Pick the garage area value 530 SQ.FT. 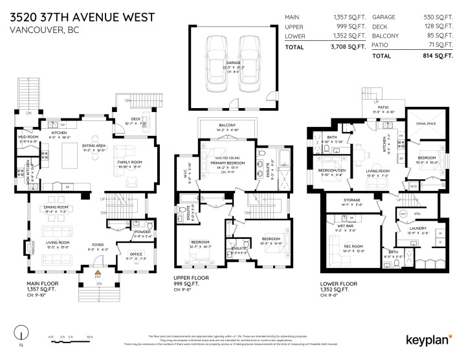(x=439, y=17)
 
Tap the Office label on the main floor (x=136, y=254)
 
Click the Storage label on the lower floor (x=352, y=201)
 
